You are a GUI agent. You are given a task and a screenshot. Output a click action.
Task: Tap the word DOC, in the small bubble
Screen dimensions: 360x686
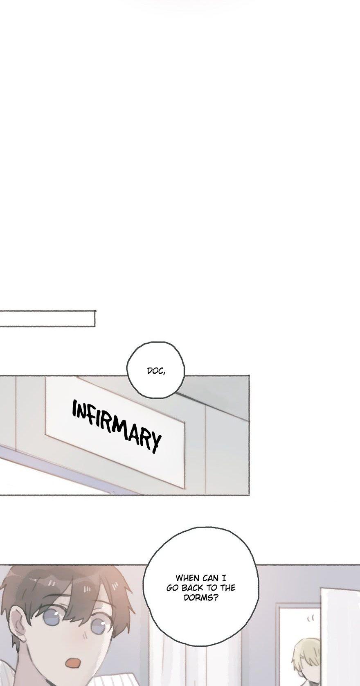pyautogui.click(x=156, y=371)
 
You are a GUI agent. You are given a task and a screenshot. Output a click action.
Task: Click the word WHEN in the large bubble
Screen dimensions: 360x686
pyautogui.click(x=188, y=578)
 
